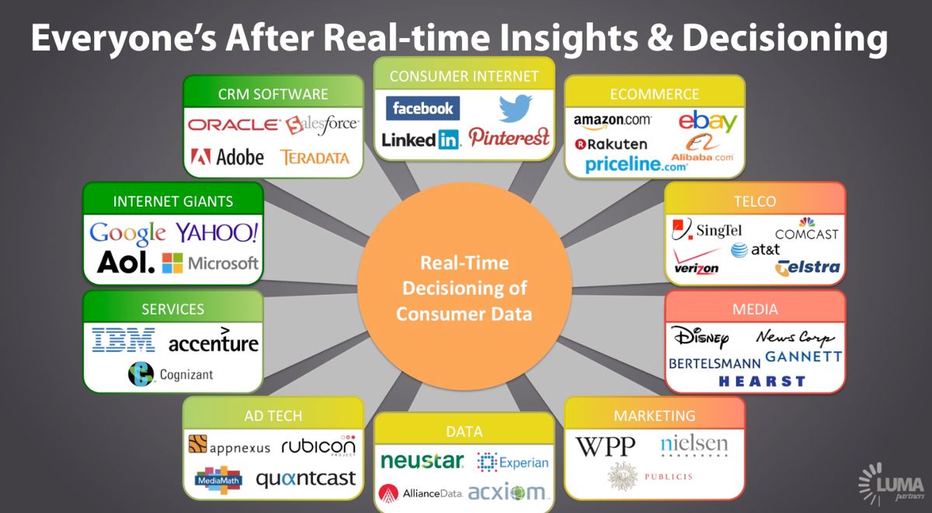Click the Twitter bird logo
click(x=516, y=108)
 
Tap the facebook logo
click(x=423, y=108)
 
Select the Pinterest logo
click(x=509, y=137)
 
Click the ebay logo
click(x=708, y=120)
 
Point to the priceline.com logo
click(x=636, y=165)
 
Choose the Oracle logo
click(x=235, y=124)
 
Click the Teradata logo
click(x=315, y=157)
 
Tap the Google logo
click(x=127, y=233)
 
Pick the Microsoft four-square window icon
click(x=172, y=263)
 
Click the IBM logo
click(x=123, y=340)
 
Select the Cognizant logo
click(x=171, y=374)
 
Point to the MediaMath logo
click(x=218, y=480)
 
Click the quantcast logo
click(x=306, y=479)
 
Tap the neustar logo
click(x=422, y=460)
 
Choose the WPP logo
click(x=605, y=446)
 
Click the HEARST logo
click(x=762, y=381)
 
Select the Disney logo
click(x=700, y=337)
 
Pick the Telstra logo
click(x=808, y=267)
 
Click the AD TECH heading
click(x=273, y=416)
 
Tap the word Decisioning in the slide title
click(x=785, y=38)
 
